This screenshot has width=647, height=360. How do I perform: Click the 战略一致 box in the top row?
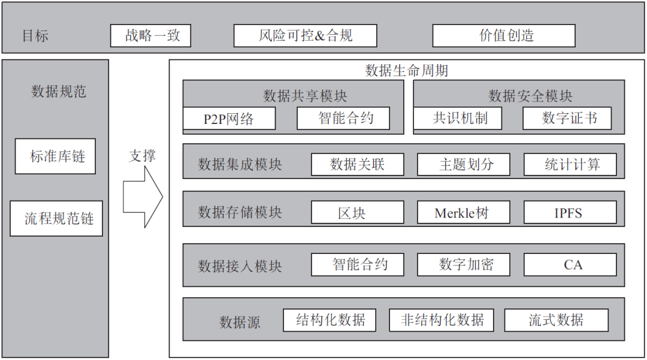[x=150, y=35]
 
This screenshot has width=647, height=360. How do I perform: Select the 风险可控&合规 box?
[x=305, y=35]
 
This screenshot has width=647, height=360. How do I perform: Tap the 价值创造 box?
[x=504, y=35]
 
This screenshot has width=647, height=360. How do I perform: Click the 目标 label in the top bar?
[x=35, y=36]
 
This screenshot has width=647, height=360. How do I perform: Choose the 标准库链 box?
[x=55, y=157]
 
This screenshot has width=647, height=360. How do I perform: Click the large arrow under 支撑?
[x=143, y=197]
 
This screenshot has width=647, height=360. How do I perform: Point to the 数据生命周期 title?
[x=406, y=71]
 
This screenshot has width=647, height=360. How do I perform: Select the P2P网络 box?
[x=229, y=119]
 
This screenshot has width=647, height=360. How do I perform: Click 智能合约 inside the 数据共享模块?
[x=343, y=119]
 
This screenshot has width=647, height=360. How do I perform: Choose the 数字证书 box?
[x=567, y=118]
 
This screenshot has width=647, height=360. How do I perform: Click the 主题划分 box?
[x=464, y=164]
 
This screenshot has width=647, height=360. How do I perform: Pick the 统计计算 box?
[x=570, y=164]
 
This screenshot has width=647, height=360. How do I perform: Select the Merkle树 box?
[x=464, y=213]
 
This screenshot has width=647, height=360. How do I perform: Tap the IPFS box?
[x=570, y=213]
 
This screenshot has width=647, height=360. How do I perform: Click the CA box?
[x=570, y=265]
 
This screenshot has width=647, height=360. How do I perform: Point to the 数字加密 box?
[x=464, y=265]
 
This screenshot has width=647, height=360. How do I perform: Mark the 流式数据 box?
[x=556, y=320]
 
